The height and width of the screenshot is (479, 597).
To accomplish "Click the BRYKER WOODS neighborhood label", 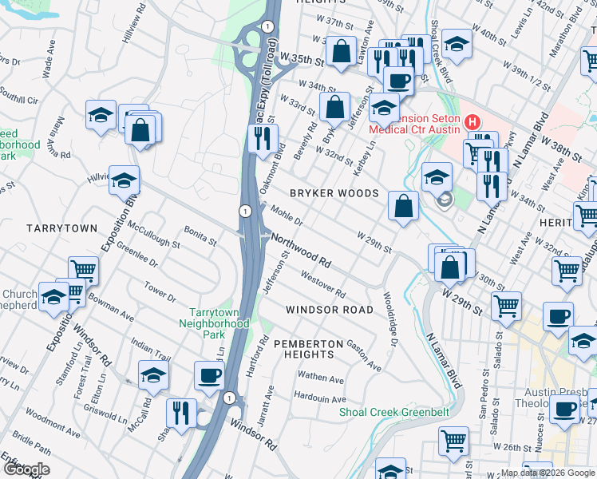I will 334,193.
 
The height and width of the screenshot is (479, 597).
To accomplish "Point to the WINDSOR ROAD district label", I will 330,309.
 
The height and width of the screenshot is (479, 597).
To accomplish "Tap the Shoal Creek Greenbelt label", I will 394,412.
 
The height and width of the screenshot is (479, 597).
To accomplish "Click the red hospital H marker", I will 472,122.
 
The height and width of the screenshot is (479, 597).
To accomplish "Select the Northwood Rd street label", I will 301,250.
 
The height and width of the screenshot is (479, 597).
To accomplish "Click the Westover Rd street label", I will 322,284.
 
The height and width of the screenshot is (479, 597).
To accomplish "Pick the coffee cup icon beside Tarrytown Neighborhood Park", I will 210,374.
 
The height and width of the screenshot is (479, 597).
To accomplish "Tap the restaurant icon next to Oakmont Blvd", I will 260,138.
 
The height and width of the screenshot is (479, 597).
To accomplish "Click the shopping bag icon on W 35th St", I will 342,52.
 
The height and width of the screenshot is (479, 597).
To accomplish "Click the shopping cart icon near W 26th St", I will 453,439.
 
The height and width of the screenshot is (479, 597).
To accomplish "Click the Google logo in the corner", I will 26,469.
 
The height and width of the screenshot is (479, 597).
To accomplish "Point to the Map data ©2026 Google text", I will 547,473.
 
